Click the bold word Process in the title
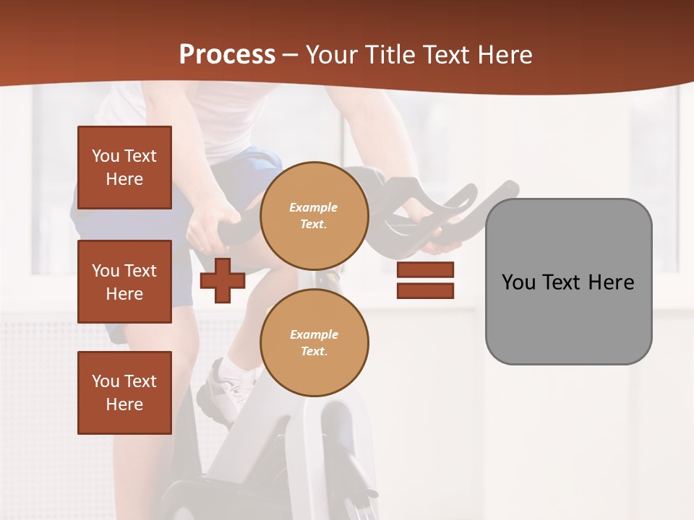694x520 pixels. coord(227,55)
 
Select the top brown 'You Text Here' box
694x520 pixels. coord(124,168)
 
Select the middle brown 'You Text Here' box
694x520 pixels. coord(124,282)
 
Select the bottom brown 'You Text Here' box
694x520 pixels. coord(124,393)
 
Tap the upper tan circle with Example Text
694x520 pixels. coord(314,216)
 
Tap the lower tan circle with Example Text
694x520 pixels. coord(314,343)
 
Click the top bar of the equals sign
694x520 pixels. coord(425,270)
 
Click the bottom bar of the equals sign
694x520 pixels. coord(425,290)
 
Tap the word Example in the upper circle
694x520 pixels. coord(314,208)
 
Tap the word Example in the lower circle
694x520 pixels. coord(314,335)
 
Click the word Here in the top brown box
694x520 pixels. coord(124,179)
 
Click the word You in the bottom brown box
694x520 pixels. coord(106,381)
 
